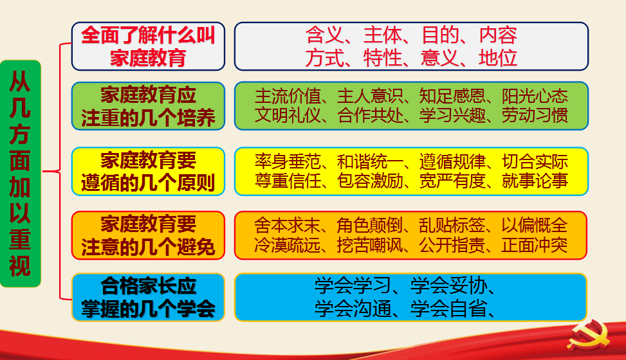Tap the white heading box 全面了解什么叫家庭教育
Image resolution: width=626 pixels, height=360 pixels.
pyautogui.click(x=148, y=46)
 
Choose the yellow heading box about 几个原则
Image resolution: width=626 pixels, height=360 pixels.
pyautogui.click(x=148, y=171)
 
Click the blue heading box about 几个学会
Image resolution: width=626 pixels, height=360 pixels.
pyautogui.click(x=148, y=297)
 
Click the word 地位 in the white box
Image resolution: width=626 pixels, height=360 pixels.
pyautogui.click(x=498, y=59)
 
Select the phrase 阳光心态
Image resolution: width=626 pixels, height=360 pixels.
pyautogui.click(x=534, y=96)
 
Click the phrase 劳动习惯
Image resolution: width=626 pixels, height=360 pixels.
pyautogui.click(x=534, y=117)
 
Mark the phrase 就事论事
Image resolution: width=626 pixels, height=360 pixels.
pyautogui.click(x=534, y=181)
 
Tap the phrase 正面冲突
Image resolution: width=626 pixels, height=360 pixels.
pyautogui.click(x=534, y=246)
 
